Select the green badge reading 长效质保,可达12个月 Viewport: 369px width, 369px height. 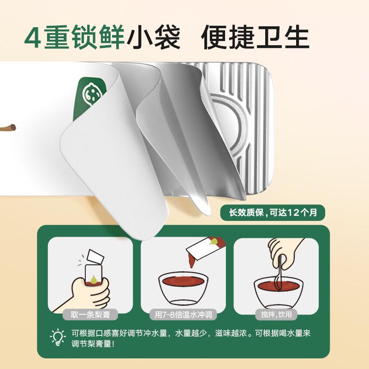272,213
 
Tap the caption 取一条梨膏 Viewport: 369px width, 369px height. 90,315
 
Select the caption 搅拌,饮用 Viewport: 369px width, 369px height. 276,315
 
